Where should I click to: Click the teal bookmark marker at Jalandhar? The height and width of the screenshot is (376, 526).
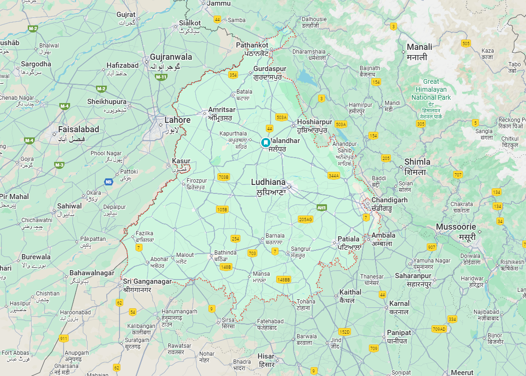pyautogui.click(x=266, y=142)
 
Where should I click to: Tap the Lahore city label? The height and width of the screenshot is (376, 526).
pyautogui.click(x=177, y=120)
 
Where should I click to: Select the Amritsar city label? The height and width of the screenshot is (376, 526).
pyautogui.click(x=222, y=110)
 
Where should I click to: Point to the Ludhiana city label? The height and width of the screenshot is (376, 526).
pyautogui.click(x=268, y=182)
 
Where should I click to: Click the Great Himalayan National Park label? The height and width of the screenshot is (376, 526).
pyautogui.click(x=431, y=89)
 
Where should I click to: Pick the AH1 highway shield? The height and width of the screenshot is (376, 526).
pyautogui.click(x=322, y=207)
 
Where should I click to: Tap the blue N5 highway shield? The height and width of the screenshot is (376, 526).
pyautogui.click(x=109, y=182)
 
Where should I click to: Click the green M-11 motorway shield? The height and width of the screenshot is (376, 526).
pyautogui.click(x=161, y=77)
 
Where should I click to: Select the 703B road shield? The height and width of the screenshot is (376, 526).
pyautogui.click(x=224, y=177)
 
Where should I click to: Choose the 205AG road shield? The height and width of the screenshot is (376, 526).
pyautogui.click(x=305, y=219)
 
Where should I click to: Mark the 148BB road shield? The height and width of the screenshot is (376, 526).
pyautogui.click(x=284, y=280)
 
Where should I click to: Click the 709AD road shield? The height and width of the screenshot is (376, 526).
pyautogui.click(x=439, y=328)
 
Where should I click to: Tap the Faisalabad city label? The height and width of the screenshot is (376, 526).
pyautogui.click(x=79, y=129)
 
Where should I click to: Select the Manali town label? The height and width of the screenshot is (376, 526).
pyautogui.click(x=419, y=47)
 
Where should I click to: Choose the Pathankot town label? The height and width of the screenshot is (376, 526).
pyautogui.click(x=252, y=45)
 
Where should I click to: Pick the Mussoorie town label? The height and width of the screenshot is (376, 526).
pyautogui.click(x=456, y=227)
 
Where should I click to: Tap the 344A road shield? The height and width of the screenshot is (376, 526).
pyautogui.click(x=334, y=176)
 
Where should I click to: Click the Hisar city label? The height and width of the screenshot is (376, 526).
pyautogui.click(x=266, y=356)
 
